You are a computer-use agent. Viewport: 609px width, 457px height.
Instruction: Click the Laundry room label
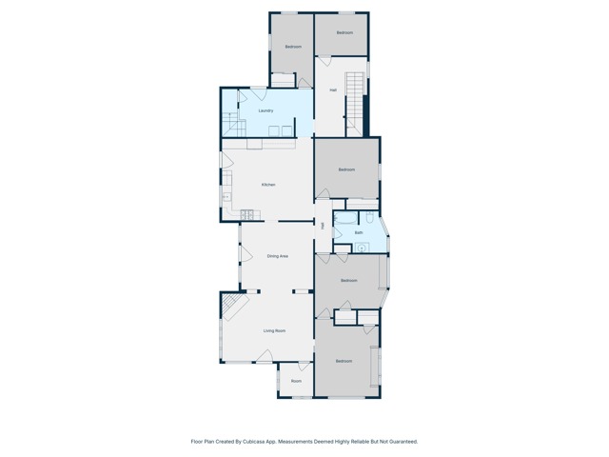click(x=265, y=110)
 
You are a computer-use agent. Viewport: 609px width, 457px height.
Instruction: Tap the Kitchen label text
click(x=268, y=185)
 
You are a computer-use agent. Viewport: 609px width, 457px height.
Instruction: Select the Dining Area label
click(x=277, y=256)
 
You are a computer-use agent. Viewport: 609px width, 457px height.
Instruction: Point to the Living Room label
click(x=275, y=330)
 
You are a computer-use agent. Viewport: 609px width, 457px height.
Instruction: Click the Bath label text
click(x=359, y=232)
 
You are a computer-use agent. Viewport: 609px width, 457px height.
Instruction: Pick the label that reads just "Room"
click(x=296, y=381)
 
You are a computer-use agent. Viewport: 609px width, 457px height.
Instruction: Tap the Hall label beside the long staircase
click(x=333, y=90)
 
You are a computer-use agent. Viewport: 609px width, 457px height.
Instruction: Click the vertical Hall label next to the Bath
click(x=324, y=226)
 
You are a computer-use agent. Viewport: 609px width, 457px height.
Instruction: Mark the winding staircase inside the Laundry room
click(x=231, y=122)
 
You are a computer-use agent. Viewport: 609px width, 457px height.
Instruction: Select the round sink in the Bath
click(x=361, y=248)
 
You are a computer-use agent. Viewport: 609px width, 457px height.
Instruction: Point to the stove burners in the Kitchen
click(x=246, y=215)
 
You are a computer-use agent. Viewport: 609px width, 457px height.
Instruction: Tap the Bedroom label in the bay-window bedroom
click(x=349, y=280)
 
